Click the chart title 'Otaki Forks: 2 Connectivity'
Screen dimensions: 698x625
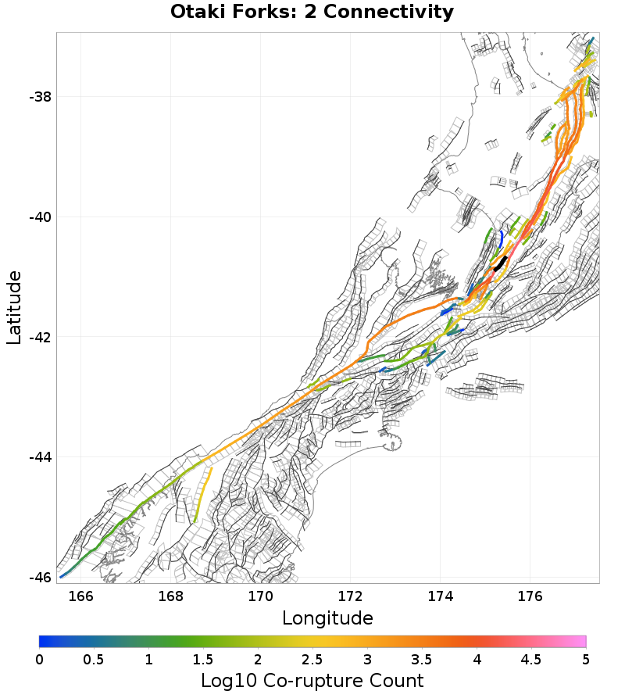click(312, 13)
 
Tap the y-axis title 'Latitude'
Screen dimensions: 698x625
click(14, 307)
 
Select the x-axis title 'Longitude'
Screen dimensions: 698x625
click(327, 618)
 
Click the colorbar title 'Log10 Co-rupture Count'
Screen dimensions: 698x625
click(312, 680)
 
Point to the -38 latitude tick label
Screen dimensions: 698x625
click(40, 97)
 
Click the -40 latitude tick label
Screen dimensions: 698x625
click(40, 217)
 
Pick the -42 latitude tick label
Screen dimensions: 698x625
click(40, 337)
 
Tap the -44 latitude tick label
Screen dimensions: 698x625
click(40, 457)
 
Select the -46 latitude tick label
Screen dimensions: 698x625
click(40, 577)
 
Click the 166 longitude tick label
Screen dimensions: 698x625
click(81, 596)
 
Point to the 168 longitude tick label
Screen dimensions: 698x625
click(171, 596)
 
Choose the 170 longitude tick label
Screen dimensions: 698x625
click(261, 596)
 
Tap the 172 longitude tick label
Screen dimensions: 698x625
click(351, 596)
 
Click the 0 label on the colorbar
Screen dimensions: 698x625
click(40, 659)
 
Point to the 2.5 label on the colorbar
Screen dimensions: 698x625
click(312, 659)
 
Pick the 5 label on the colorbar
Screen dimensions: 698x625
click(585, 659)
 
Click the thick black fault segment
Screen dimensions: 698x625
click(500, 263)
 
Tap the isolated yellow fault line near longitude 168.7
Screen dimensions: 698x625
click(202, 495)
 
